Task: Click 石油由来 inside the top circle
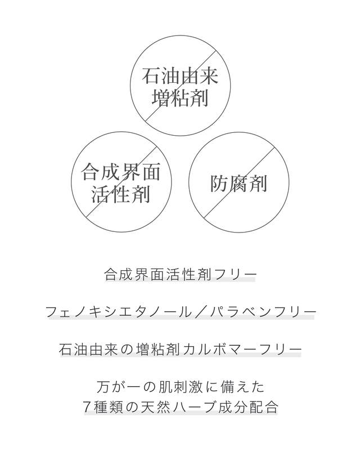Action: (x=180, y=76)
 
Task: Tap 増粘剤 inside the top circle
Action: (x=180, y=98)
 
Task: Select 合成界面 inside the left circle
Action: (x=120, y=172)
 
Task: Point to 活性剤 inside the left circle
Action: (x=121, y=194)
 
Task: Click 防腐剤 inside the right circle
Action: (x=238, y=184)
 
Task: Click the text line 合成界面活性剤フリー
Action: (x=179, y=275)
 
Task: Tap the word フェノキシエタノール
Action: (x=118, y=312)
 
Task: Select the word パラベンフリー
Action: (x=263, y=312)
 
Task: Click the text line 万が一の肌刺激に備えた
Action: (x=181, y=387)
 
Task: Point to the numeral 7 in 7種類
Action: (x=88, y=407)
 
